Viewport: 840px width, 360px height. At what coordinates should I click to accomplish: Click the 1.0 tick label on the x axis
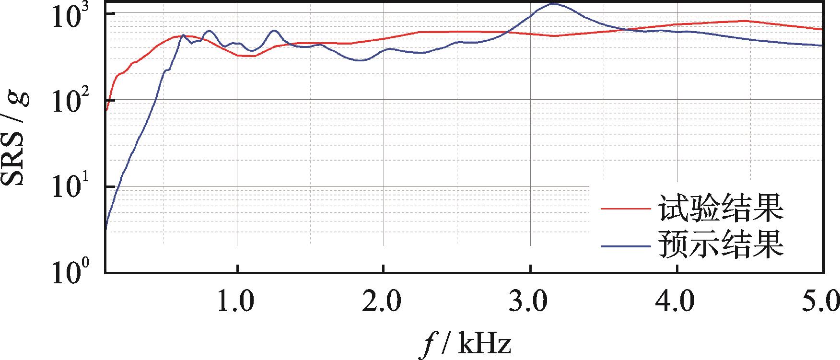(x=237, y=303)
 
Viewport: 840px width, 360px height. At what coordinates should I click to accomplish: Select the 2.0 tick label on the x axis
(x=383, y=303)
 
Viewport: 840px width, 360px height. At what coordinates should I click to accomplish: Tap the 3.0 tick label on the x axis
(x=530, y=303)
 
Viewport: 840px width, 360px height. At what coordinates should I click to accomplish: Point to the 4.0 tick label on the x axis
(x=677, y=303)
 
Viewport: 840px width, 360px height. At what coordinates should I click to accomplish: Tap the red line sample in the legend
(x=626, y=209)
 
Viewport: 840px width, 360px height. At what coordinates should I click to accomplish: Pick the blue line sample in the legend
(x=626, y=245)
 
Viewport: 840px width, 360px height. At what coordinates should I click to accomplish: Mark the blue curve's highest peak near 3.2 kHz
(x=553, y=4)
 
